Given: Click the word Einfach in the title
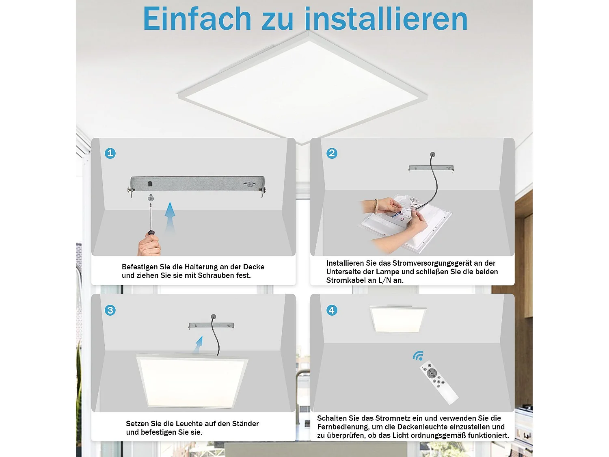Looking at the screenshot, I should [197, 19].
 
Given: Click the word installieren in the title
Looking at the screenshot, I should [386, 19].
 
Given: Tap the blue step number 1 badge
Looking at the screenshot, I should [110, 153].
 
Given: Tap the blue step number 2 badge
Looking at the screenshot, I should [332, 153].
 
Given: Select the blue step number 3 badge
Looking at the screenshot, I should [110, 310].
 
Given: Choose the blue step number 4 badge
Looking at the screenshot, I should [332, 310].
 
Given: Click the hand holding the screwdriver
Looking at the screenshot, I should [149, 245].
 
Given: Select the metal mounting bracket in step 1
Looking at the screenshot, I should [197, 184].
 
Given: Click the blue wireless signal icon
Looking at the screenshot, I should [418, 356].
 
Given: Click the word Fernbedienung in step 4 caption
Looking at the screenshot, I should [342, 427].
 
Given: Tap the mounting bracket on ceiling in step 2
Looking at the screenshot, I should [431, 168].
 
